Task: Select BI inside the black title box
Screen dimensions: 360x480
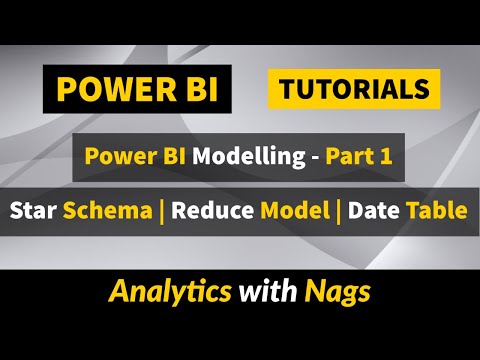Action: click(x=185, y=90)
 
